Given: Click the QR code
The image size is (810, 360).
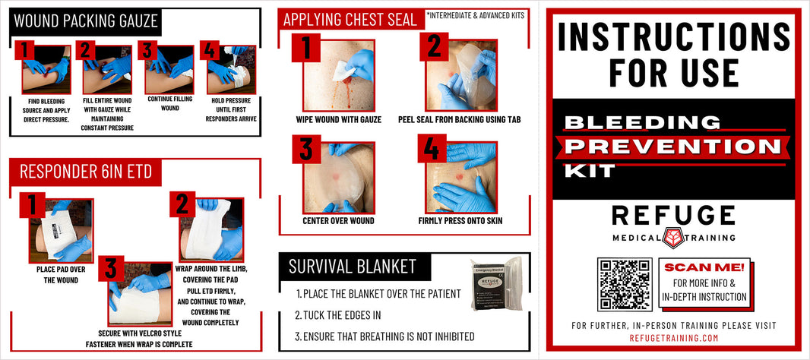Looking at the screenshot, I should [x=625, y=283].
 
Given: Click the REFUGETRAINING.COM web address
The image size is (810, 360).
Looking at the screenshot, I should [x=673, y=338].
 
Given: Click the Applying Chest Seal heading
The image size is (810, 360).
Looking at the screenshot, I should [x=350, y=19].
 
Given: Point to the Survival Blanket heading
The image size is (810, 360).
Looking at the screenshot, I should [x=352, y=266].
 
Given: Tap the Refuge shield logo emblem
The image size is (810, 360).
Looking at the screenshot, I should [x=673, y=237].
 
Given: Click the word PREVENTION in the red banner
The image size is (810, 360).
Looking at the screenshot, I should [x=673, y=146].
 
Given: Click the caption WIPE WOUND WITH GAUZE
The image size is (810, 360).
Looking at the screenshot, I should [x=338, y=119].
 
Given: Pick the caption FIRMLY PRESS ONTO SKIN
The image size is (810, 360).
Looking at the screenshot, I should [x=460, y=221].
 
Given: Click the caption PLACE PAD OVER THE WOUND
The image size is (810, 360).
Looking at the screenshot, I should [x=58, y=274].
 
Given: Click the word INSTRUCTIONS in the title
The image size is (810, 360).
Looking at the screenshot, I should [x=673, y=36].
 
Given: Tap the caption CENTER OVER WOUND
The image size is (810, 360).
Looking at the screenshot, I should [x=338, y=221].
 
